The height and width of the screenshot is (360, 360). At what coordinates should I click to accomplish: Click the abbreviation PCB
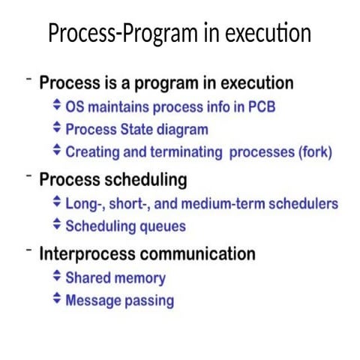[259, 106]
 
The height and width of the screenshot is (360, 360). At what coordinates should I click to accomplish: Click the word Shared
[88, 277]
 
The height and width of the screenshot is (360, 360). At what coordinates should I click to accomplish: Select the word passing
[148, 301]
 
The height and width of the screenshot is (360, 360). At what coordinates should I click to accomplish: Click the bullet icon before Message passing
[57, 300]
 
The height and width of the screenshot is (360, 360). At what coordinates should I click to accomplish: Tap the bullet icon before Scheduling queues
[57, 224]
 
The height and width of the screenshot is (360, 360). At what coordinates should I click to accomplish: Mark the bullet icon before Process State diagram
[57, 128]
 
